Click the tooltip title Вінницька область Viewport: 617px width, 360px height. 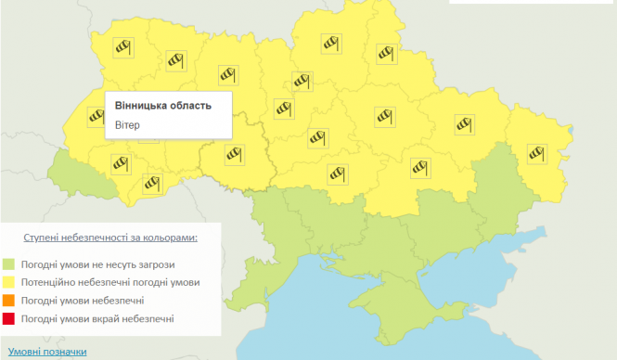(162, 105)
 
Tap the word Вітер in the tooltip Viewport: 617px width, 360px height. (128, 125)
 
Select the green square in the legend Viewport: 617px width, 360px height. (9, 264)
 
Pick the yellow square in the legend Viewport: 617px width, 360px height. (9, 282)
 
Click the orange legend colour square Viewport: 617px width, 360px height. (9, 301)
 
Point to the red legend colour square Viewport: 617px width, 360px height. (9, 319)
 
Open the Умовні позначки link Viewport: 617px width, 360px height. (47, 352)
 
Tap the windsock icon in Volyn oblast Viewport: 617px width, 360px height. (123, 46)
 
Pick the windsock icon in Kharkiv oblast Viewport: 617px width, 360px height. (463, 122)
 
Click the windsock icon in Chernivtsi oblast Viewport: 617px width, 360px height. (151, 183)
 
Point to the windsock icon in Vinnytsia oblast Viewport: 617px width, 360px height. (234, 154)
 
